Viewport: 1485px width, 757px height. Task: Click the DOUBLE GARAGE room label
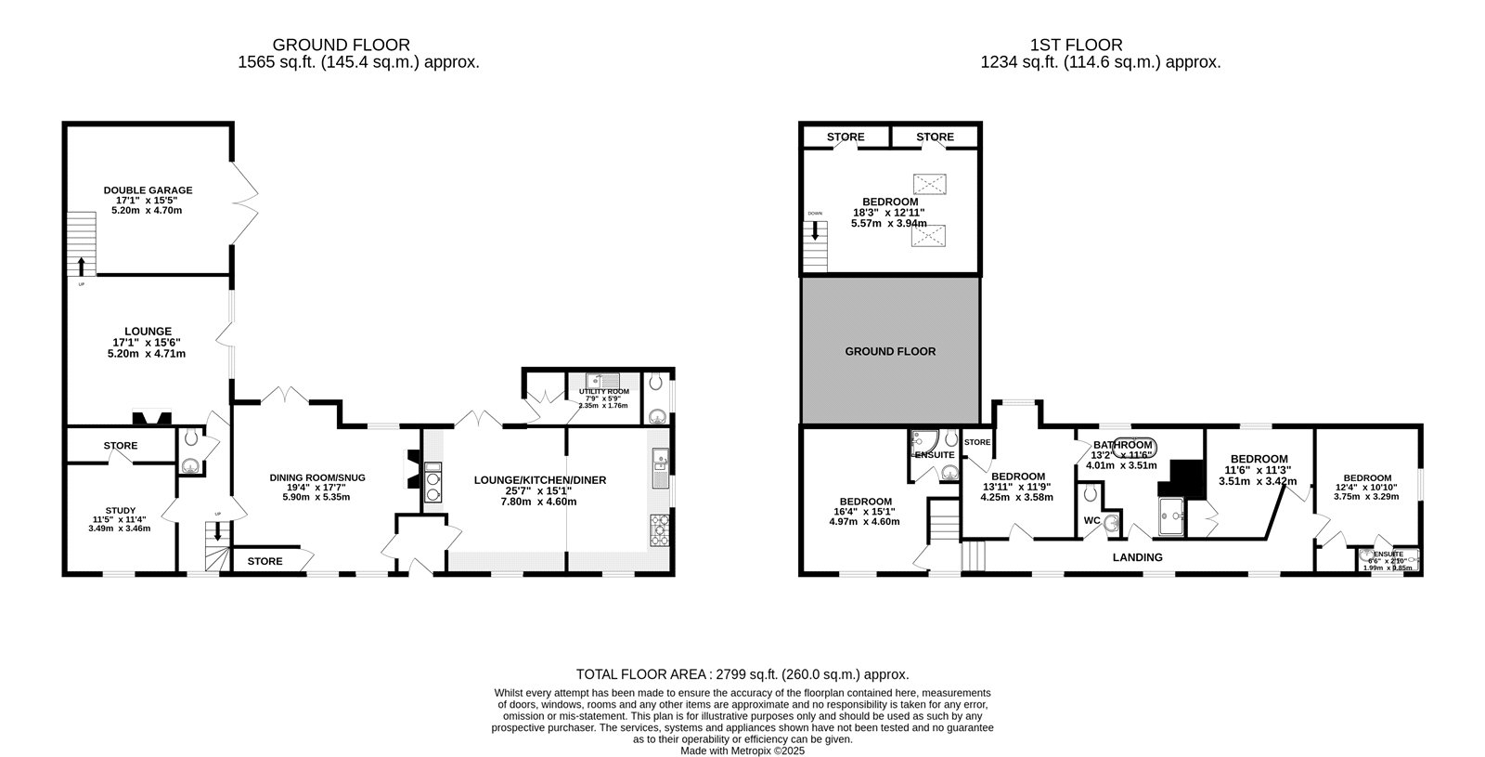coord(148,190)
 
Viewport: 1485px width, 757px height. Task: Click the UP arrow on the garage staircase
coord(82,268)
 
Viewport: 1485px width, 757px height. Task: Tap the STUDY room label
coord(120,510)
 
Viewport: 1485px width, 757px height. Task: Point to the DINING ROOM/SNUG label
coord(317,477)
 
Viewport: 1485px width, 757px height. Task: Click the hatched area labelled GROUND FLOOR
coord(890,351)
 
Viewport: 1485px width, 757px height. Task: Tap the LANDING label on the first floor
coord(1137,557)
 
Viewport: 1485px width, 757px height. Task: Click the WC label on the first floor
coord(1091,520)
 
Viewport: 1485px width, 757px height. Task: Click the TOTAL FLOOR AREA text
coord(742,675)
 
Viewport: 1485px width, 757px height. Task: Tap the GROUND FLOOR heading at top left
coord(341,45)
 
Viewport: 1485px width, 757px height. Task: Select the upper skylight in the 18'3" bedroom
coord(928,182)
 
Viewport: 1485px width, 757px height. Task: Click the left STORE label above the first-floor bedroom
coord(846,137)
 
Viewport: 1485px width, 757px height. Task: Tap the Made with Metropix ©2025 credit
coord(742,750)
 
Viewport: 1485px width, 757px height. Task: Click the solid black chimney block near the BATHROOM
coord(1179,477)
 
